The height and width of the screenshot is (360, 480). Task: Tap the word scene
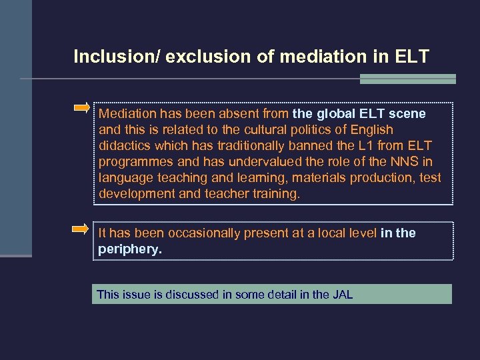point(408,114)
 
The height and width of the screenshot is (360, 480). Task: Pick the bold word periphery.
point(129,249)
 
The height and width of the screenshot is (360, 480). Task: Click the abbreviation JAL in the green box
point(342,294)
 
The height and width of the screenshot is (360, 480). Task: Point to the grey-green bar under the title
point(407,79)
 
